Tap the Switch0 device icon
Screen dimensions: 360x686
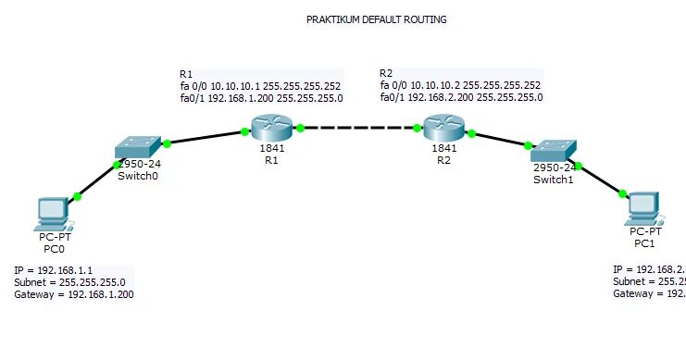(x=139, y=147)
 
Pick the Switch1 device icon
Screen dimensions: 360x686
(x=553, y=150)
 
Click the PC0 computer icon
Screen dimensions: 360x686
(x=50, y=213)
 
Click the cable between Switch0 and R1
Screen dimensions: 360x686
(x=206, y=138)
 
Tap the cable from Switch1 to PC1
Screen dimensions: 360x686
(x=600, y=180)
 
